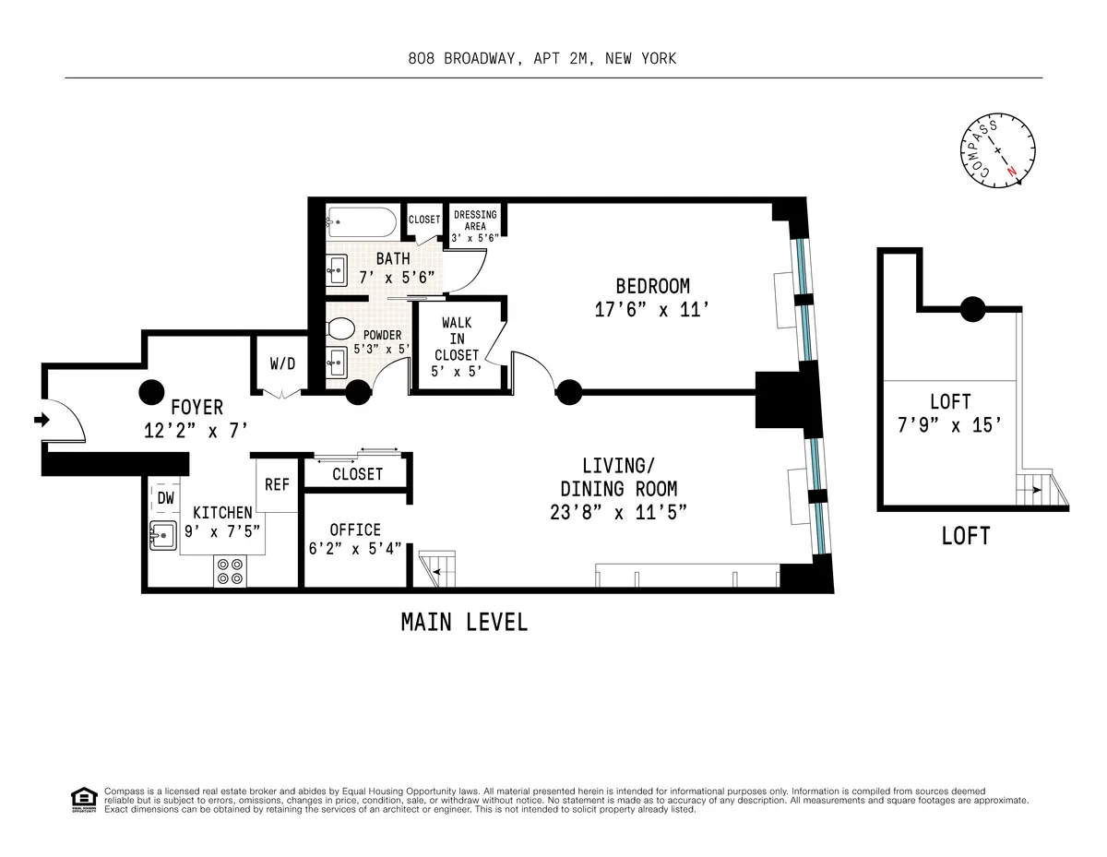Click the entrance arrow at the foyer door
[41, 420]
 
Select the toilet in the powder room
[342, 328]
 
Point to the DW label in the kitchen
[165, 498]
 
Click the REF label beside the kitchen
[277, 484]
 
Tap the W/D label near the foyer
[282, 363]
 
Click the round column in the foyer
[151, 393]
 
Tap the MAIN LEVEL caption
[464, 623]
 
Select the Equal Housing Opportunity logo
[84, 799]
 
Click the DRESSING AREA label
[475, 226]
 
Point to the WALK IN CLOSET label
[457, 339]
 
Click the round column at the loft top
[972, 309]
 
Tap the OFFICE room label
[355, 530]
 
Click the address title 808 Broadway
[542, 59]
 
